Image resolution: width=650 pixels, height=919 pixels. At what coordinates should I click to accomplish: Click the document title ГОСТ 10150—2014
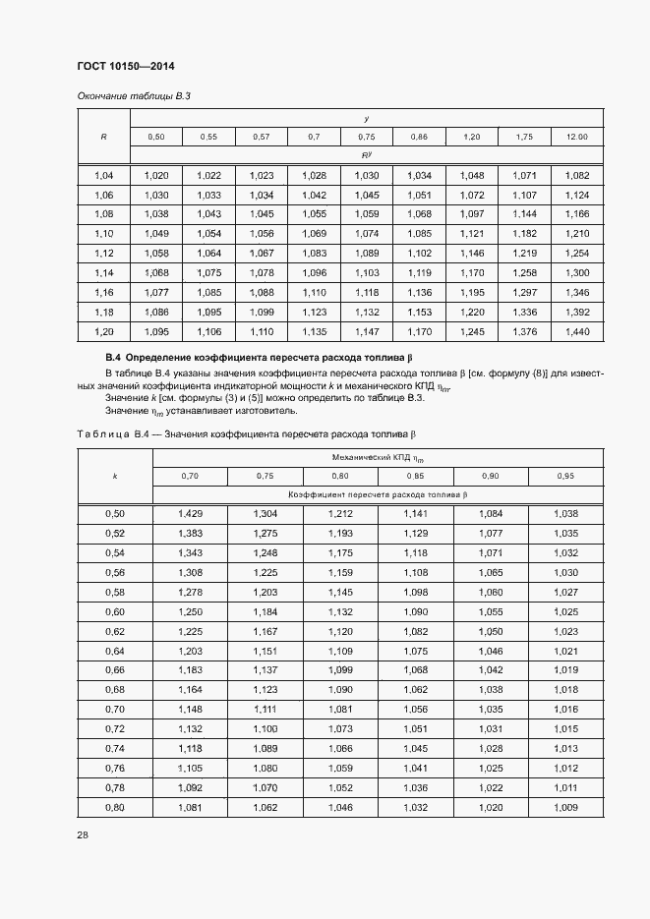click(124, 67)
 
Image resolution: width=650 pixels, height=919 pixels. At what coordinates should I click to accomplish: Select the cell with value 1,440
click(577, 332)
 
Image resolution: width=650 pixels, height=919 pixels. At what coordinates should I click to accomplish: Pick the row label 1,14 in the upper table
click(103, 273)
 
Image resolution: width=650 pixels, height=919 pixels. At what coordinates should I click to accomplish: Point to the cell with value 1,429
click(190, 513)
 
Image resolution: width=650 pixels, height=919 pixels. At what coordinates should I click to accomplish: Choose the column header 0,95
click(565, 476)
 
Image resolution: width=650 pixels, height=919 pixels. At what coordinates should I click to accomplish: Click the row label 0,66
click(114, 669)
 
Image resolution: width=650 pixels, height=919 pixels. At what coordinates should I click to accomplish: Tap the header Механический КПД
click(377, 457)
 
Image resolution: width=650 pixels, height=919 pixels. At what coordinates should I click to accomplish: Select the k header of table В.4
click(114, 476)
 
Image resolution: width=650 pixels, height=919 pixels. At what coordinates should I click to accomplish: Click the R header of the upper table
click(103, 137)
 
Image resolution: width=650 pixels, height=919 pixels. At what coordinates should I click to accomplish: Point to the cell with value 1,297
click(524, 293)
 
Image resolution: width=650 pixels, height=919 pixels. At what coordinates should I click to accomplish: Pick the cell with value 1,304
click(265, 513)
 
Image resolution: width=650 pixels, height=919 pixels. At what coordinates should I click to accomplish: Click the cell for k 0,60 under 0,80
click(340, 610)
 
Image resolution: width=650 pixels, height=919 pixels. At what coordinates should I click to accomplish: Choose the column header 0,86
click(419, 137)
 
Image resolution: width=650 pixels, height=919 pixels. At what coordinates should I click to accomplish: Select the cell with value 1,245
click(472, 332)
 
